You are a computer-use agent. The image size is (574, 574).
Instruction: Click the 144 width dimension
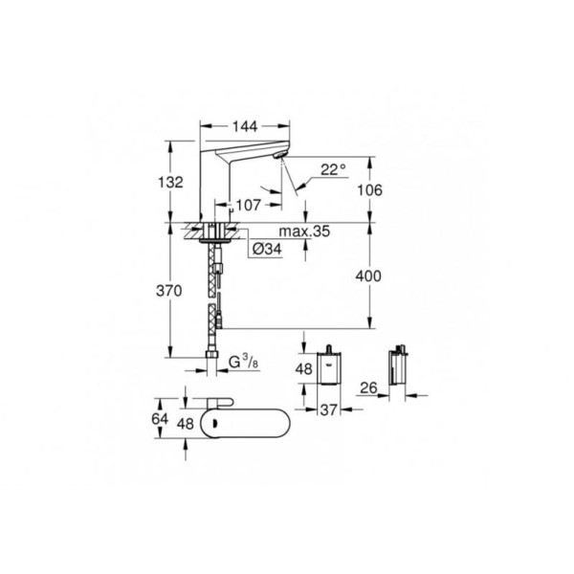245,126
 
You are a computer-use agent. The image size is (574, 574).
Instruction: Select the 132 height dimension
170,182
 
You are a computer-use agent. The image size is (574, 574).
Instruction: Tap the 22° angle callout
333,169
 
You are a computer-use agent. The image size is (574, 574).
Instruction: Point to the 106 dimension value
369,190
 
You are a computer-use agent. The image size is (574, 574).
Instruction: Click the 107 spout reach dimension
248,206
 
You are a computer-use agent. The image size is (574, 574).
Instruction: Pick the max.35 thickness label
304,232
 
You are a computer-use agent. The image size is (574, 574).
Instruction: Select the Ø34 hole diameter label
267,250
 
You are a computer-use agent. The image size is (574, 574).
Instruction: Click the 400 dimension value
368,276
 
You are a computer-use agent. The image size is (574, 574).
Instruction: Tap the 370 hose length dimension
169,291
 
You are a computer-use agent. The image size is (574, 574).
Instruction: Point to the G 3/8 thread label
243,362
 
